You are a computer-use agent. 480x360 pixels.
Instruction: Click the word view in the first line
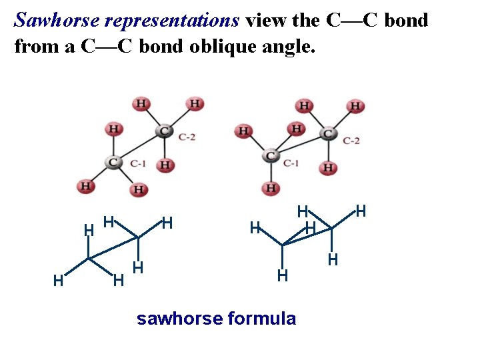(265, 20)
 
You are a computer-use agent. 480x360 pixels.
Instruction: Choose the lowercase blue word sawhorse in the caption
(179, 319)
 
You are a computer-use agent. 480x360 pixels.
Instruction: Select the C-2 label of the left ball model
(187, 137)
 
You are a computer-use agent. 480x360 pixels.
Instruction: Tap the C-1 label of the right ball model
(291, 162)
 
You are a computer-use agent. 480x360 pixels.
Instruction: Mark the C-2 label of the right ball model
(351, 140)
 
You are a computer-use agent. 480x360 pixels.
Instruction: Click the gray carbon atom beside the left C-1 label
(113, 162)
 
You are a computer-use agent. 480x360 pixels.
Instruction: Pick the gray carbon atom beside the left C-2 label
(164, 131)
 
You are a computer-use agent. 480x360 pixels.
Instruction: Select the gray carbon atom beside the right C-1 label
(271, 156)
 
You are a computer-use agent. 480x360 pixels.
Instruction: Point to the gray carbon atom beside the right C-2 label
(327, 133)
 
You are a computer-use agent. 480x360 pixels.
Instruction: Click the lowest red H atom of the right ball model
(271, 188)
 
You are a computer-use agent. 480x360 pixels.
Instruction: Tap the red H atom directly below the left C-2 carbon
(166, 164)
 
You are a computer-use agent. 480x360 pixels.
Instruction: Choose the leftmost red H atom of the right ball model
(243, 131)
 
